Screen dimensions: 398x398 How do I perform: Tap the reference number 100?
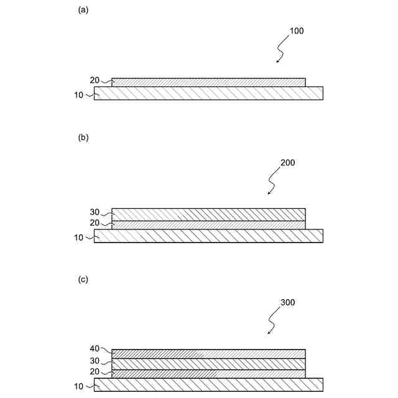click(x=297, y=30)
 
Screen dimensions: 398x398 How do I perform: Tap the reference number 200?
click(x=287, y=163)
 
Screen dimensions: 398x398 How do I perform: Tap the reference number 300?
click(x=287, y=303)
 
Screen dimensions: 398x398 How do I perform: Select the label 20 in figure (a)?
click(x=95, y=80)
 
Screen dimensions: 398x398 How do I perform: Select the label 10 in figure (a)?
click(x=78, y=95)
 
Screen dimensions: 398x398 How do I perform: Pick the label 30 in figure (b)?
click(x=95, y=212)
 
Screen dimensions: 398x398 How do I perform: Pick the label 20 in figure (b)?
click(x=95, y=223)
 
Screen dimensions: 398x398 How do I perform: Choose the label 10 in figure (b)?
click(x=78, y=236)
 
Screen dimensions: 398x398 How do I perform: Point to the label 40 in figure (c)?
click(x=95, y=350)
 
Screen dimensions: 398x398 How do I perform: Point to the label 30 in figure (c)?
click(x=95, y=361)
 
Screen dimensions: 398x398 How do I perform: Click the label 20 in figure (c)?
click(x=95, y=372)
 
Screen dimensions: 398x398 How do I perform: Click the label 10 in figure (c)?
click(x=78, y=386)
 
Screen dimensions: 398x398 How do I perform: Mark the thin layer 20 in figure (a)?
click(x=208, y=82)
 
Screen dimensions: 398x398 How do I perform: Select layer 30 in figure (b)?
click(x=208, y=215)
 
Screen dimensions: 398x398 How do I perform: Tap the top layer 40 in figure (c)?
click(x=208, y=353)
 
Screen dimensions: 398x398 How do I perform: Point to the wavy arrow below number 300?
click(x=274, y=321)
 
